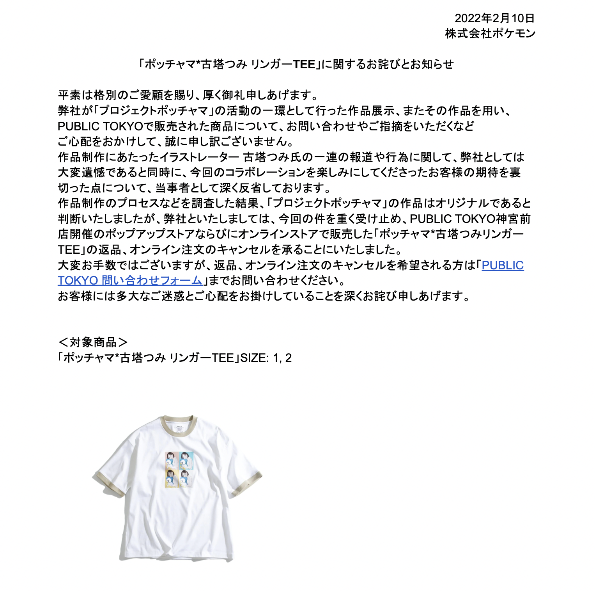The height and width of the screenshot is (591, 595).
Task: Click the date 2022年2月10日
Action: [494, 18]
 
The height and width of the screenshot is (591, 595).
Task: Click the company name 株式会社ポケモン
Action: [490, 34]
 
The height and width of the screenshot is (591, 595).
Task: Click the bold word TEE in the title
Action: [304, 64]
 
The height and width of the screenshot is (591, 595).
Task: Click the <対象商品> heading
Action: [93, 342]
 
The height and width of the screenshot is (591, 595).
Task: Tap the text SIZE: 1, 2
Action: [266, 358]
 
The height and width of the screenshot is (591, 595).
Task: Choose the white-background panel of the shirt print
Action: [186, 479]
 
